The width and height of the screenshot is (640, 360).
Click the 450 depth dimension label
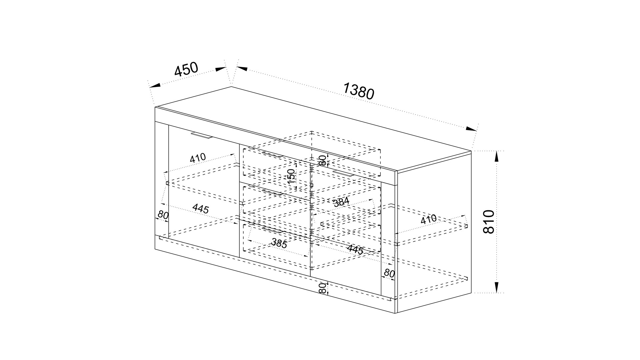pos(186,69)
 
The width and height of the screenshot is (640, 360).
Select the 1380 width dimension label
pos(359,91)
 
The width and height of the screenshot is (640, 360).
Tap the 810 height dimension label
pos(489,222)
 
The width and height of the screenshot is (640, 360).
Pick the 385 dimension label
pos(279,243)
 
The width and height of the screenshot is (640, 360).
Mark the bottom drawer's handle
pos(272,230)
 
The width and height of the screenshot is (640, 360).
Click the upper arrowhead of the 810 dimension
pos(497,156)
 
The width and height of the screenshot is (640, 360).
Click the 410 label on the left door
pos(198,158)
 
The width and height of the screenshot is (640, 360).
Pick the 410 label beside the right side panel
pos(429,219)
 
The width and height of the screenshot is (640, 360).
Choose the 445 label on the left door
pos(201,209)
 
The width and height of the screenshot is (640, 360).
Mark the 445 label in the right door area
pos(355,250)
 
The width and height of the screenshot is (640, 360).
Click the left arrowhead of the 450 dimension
pos(155,85)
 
